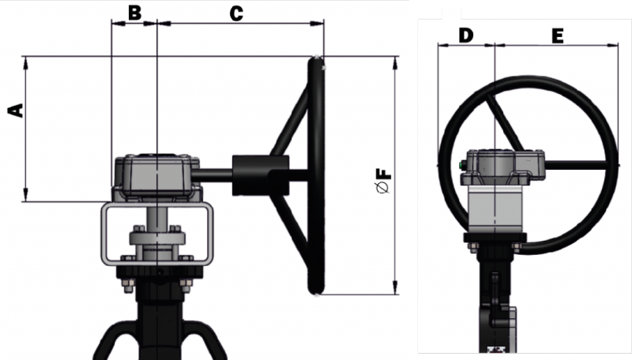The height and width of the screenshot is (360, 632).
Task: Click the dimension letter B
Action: pos(134,13)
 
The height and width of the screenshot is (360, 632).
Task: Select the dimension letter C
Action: pos(235,13)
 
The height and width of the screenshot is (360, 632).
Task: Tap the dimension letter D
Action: pos(465,36)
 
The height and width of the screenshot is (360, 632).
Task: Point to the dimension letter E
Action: pos(557,36)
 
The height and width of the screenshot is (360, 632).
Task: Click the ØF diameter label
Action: pos(383,178)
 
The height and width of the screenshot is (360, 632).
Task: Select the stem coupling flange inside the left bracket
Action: pos(157,238)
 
